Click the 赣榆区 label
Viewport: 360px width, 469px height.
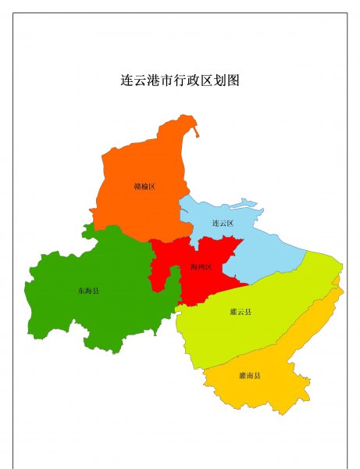(144, 186)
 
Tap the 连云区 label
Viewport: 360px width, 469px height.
(223, 224)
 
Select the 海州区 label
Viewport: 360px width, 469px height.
(201, 267)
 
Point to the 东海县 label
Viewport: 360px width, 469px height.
(88, 291)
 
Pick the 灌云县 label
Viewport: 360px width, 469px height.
(241, 312)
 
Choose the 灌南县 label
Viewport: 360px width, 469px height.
(250, 376)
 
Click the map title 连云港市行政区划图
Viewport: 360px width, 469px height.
(180, 81)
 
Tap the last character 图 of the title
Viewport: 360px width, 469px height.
(232, 81)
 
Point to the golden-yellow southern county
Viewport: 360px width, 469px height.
(273, 383)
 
